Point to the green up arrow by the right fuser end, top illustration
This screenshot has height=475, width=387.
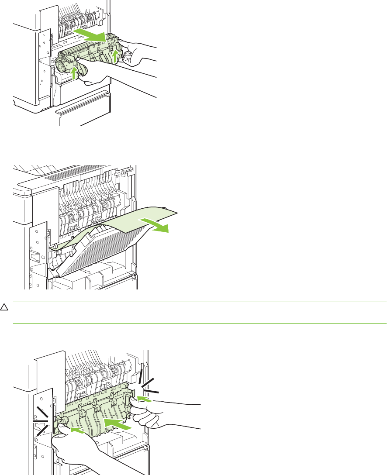click(115, 56)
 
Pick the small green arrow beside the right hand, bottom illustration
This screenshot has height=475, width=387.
click(145, 398)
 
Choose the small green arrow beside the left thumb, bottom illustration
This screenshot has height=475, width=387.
click(78, 430)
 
